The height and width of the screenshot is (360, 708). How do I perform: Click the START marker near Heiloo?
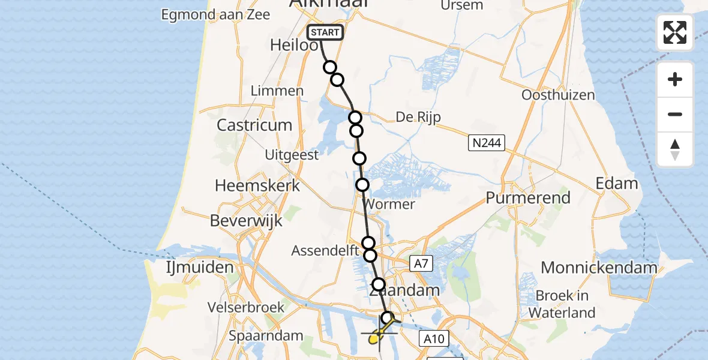pos(325,32)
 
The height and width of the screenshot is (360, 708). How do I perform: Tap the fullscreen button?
pos(675,32)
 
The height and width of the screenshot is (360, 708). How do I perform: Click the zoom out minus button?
pos(675,114)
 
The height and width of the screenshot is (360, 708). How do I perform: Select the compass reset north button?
pos(675,149)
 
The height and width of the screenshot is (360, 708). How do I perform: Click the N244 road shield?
pos(487,143)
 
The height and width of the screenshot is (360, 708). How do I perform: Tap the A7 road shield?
pos(421,263)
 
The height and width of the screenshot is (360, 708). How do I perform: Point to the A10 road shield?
pos(433,339)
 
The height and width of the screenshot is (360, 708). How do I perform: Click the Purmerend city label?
pos(528,197)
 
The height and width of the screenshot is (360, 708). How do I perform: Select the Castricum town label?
pos(254,125)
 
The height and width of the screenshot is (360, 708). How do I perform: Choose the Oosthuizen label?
pos(558,95)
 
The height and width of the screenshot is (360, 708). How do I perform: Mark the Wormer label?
pos(389,204)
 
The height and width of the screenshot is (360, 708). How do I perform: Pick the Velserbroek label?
pos(245,307)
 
